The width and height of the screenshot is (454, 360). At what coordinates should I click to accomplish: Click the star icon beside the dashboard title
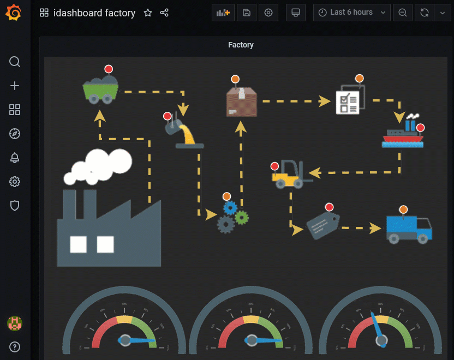(148, 13)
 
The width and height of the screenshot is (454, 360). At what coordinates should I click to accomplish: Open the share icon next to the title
(164, 13)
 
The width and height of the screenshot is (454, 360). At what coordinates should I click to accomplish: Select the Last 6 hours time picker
(352, 13)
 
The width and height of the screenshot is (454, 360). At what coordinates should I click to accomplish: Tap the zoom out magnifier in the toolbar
(402, 13)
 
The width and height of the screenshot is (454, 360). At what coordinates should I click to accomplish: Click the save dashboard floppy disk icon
(247, 13)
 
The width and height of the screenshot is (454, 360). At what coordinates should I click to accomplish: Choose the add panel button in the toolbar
(223, 13)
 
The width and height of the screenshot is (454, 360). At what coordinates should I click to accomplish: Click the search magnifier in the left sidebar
(15, 61)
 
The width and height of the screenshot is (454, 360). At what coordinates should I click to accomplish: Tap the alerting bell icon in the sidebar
(15, 158)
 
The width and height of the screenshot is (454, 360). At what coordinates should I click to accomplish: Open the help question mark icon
(15, 346)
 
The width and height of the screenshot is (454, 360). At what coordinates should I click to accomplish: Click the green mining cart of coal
(100, 89)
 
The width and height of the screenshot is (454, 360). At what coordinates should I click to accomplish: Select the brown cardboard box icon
(241, 102)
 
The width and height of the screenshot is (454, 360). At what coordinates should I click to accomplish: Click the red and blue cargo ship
(403, 135)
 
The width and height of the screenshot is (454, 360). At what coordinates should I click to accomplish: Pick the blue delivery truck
(408, 228)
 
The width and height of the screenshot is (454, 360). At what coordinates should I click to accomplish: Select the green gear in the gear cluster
(242, 217)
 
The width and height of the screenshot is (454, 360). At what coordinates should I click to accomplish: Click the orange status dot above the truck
(403, 209)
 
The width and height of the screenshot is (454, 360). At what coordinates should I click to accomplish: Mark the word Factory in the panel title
(241, 45)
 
